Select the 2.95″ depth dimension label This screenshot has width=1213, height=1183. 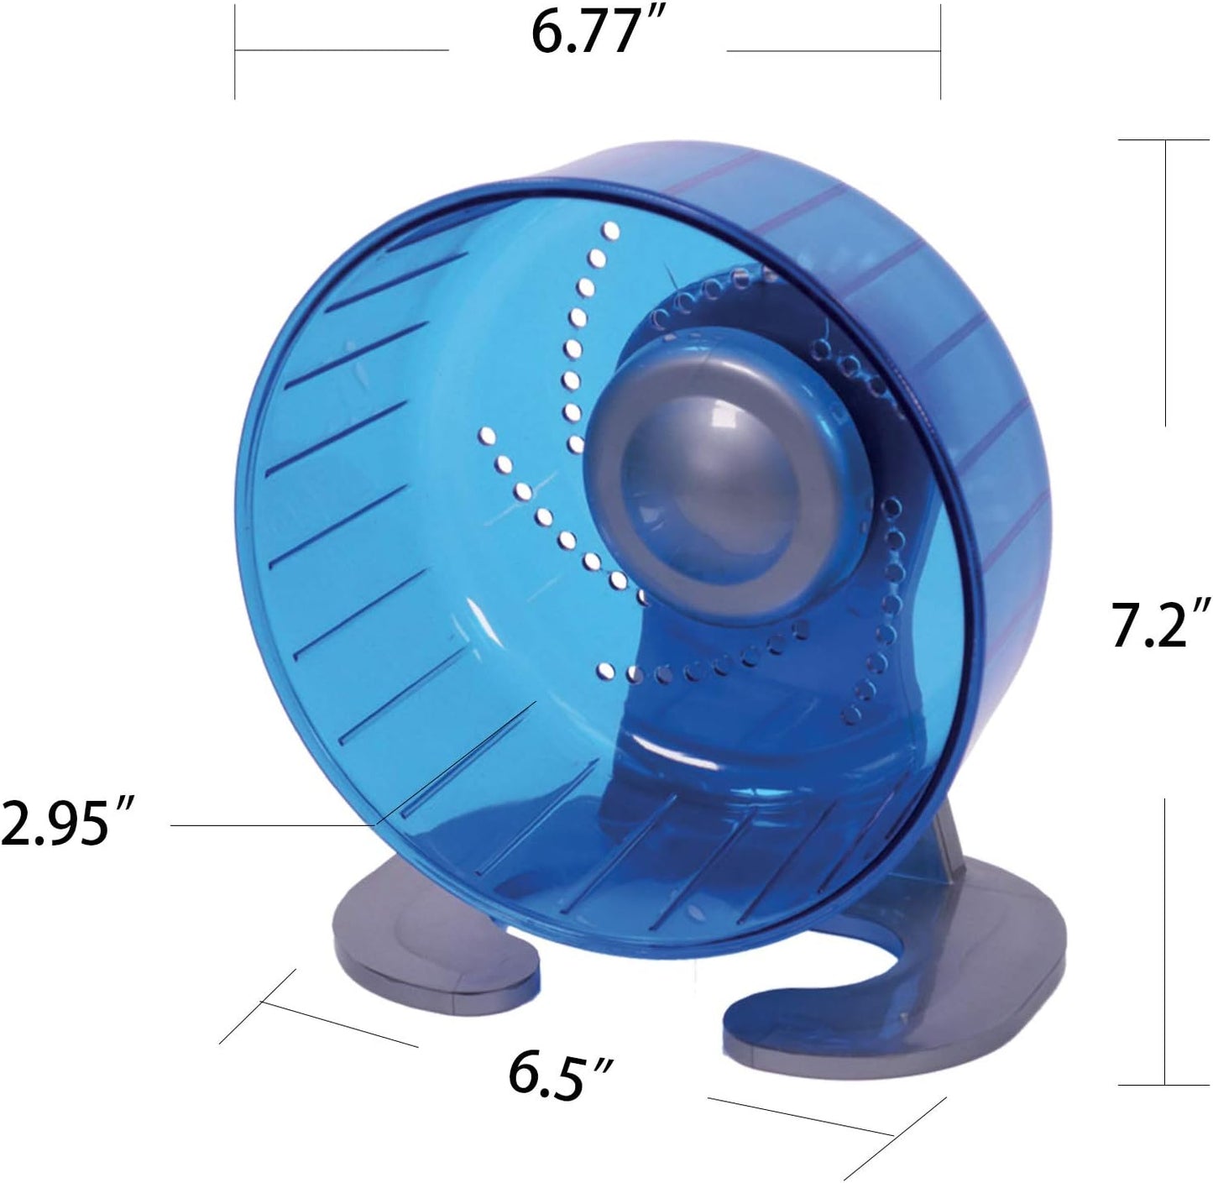pyautogui.click(x=67, y=822)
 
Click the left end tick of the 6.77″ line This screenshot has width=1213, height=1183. pyautogui.click(x=235, y=51)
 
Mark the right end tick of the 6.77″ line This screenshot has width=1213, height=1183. pyautogui.click(x=939, y=51)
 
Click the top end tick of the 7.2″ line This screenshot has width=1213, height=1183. pyautogui.click(x=1164, y=140)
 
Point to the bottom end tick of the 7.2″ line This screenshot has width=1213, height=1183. pyautogui.click(x=1164, y=1086)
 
